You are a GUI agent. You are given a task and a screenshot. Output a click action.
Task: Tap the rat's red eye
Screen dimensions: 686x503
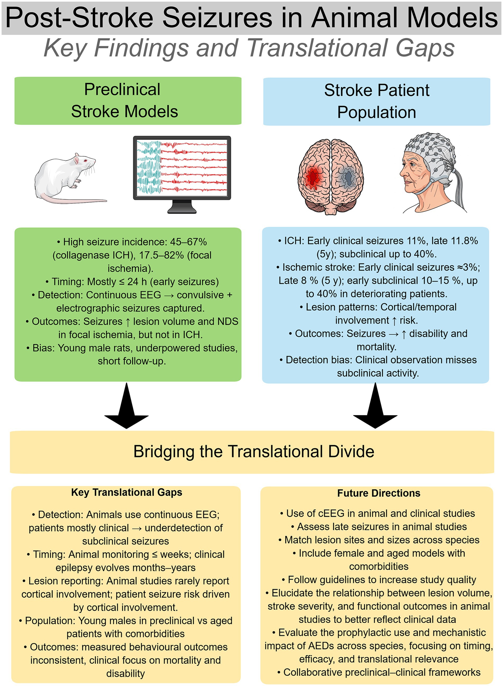tap(86, 161)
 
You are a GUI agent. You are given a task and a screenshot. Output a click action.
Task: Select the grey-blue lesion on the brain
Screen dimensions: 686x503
tap(347, 177)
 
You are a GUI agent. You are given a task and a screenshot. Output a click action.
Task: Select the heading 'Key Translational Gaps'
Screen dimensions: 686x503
tap(126, 492)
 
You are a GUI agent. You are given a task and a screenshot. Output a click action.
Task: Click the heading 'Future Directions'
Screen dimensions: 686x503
tap(378, 493)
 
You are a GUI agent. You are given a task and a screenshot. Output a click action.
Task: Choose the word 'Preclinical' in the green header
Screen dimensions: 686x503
tap(122, 89)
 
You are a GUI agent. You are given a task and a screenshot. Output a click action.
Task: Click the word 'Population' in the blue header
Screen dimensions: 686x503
tap(376, 112)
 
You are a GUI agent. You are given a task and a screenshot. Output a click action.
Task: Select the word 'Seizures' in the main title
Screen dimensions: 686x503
tap(217, 18)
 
